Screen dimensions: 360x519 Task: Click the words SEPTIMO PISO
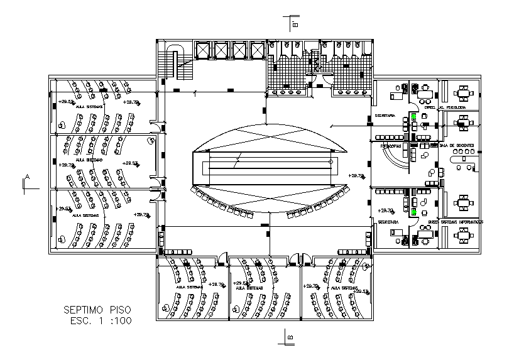click(98, 310)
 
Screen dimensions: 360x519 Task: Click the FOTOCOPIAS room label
click(390, 146)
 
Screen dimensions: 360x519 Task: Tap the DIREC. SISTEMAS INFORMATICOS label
click(456, 222)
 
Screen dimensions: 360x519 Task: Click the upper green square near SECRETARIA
click(413, 116)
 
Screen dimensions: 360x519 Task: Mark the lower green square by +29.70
click(413, 212)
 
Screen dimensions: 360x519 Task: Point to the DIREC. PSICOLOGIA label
click(445, 107)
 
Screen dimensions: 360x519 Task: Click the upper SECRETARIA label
click(385, 116)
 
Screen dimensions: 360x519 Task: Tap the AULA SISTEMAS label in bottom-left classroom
click(189, 286)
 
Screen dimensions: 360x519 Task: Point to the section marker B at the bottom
click(290, 337)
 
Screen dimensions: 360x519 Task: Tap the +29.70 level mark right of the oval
click(356, 176)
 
